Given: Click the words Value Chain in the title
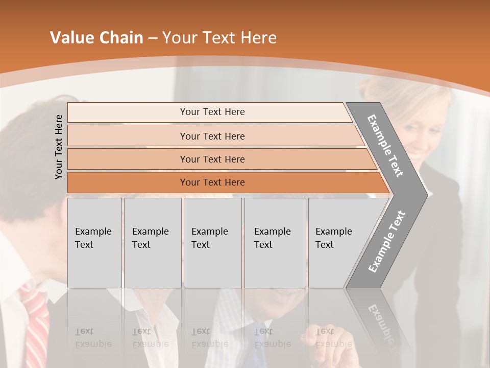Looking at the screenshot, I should coord(96,38).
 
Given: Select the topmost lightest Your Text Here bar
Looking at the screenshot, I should coord(212,112).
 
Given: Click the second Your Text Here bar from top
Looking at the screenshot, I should coord(212,136).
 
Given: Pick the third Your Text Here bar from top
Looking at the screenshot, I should coord(212,159).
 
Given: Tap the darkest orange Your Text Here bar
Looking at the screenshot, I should coord(212,182).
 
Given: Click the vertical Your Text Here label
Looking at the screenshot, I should coord(59,147).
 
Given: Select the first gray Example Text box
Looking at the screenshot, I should coord(94,243).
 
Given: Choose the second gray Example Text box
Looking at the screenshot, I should coord(152,243).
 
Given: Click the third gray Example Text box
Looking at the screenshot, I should coord(212,243).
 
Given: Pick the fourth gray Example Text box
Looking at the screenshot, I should coord(275,243).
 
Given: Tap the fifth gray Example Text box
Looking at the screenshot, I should coord(337,243).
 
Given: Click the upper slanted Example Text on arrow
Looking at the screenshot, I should coord(385,146).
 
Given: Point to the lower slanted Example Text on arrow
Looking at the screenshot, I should coord(386,241).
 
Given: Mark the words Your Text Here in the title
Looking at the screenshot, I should coord(219,38).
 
